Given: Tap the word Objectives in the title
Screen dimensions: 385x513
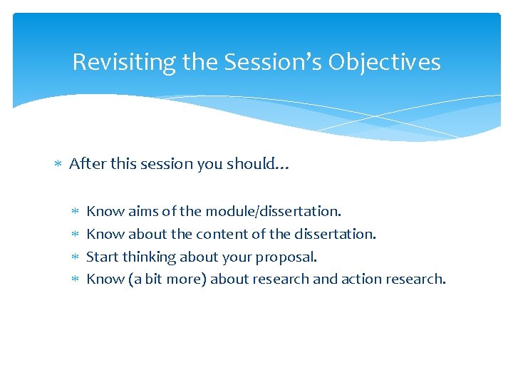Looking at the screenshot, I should pos(384,63).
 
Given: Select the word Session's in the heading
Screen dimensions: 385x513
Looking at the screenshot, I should pos(273,63).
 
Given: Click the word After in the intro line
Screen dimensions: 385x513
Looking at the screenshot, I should pos(85,164).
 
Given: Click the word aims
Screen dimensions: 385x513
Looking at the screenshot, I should pos(143,212).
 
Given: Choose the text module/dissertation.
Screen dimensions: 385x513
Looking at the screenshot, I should pos(274,212).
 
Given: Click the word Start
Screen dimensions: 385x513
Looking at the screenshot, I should pos(103,257).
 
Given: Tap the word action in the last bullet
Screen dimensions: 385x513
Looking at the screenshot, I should pos(361,279).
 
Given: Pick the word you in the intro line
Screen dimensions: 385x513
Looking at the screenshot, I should pos(210,164).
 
